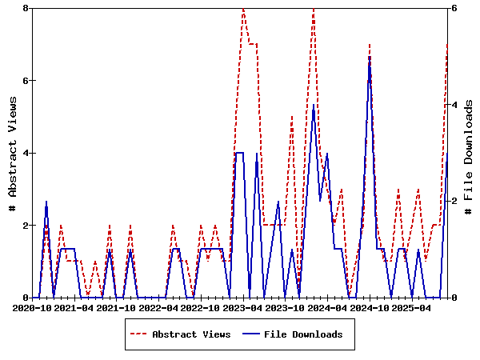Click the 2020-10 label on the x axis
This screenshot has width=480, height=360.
click(33, 307)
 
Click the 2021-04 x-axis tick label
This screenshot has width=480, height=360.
click(74, 307)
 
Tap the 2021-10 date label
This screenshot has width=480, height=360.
click(117, 307)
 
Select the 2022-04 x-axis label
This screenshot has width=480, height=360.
click(158, 307)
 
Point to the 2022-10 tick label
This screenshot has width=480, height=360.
click(201, 307)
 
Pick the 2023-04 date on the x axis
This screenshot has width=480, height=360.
click(242, 307)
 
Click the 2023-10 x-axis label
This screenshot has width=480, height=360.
click(285, 307)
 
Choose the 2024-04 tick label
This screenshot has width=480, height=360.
click(326, 307)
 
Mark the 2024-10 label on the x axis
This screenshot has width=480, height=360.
click(369, 307)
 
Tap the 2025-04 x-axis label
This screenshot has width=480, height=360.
click(410, 307)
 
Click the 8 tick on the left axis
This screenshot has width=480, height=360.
click(26, 8)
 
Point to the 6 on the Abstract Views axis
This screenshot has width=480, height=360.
click(26, 81)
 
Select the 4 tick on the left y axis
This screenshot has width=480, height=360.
click(26, 153)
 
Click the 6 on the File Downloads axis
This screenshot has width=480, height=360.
click(454, 8)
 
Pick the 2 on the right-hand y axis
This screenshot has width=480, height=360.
click(454, 201)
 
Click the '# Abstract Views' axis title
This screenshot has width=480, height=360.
click(12, 153)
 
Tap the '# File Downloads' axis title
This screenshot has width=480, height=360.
click(469, 153)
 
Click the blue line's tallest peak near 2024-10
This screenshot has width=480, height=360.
click(370, 57)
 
